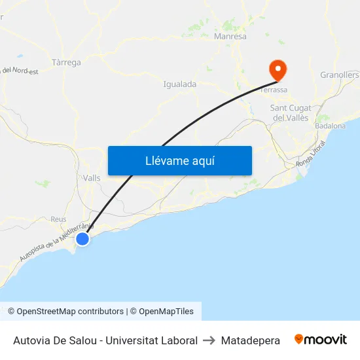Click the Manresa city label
point(230,37)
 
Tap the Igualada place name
point(179,84)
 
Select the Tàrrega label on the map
point(65,63)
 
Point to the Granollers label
point(340,75)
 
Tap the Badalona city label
point(330,126)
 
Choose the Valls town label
point(92,178)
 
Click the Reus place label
point(58,219)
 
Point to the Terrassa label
point(274,90)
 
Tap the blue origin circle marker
point(82,239)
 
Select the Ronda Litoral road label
point(310,154)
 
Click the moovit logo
point(320,340)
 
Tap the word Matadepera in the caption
point(251,340)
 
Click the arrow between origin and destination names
point(209,340)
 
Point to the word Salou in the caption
point(90,340)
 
